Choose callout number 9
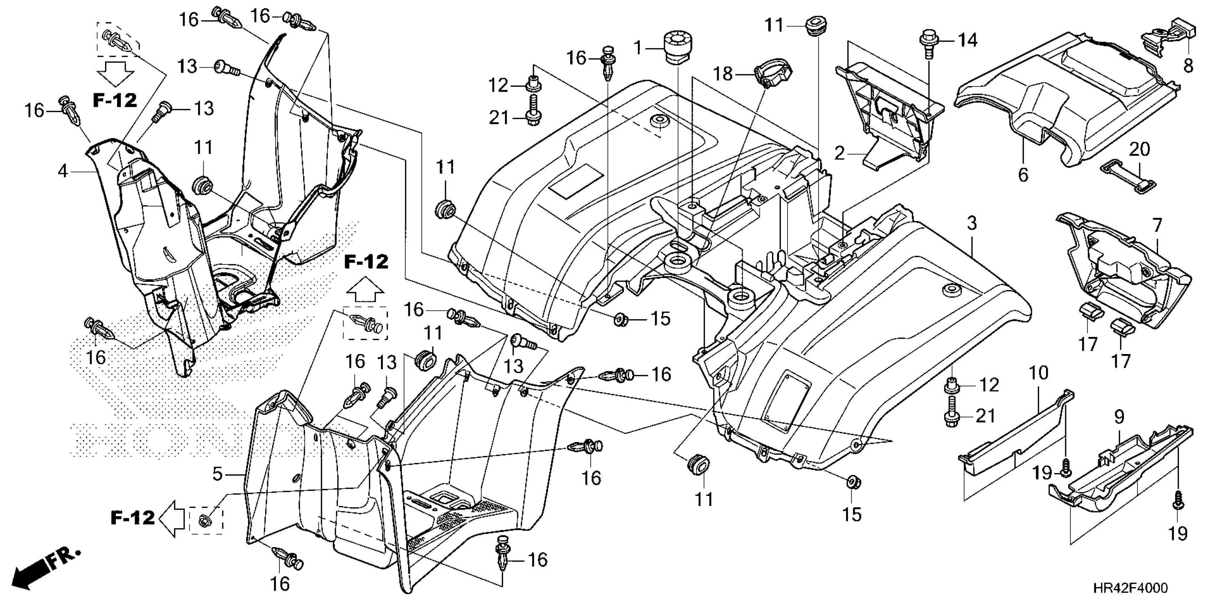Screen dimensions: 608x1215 point(1119,417)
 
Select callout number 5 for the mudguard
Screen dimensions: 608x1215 point(217,474)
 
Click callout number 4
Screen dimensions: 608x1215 point(63,171)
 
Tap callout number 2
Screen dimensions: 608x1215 point(839,153)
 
